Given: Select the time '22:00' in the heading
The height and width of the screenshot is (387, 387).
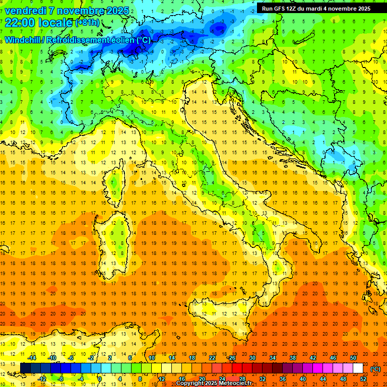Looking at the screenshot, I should click(x=20, y=23).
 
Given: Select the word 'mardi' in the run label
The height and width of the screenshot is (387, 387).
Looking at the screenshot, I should click(x=320, y=9).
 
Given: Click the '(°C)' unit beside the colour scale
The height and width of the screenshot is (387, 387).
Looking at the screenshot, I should click(x=375, y=369).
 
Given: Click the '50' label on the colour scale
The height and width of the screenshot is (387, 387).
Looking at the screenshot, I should click(x=353, y=358).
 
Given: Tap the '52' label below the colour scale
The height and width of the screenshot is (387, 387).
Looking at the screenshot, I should click(x=363, y=379).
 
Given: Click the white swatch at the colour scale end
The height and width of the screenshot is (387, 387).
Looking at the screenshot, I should click(x=358, y=368).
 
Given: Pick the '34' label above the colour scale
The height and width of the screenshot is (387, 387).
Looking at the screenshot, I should click(x=272, y=358).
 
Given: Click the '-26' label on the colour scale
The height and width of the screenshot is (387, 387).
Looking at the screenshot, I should click(x=231, y=358).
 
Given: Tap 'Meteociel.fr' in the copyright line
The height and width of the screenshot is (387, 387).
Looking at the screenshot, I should click(x=236, y=383).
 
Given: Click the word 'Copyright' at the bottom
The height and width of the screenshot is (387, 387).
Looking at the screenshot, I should click(x=190, y=383).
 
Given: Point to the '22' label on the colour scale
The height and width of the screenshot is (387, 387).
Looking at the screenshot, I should click(x=212, y=358).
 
